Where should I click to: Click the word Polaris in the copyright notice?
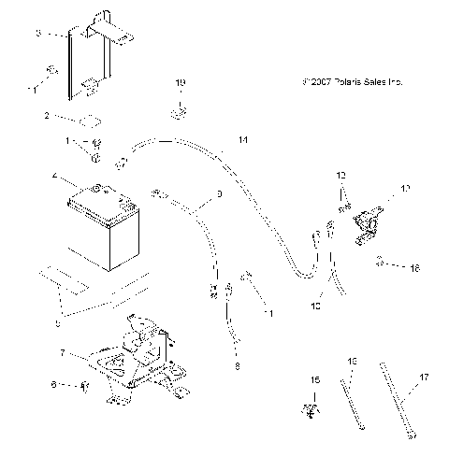pos(346,82)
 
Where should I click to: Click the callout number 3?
pos(38,33)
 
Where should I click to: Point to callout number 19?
pos(181,83)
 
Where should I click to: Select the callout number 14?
pos(243,140)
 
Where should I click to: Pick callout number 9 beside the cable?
pos(219,194)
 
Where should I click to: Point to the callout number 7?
pos(62,354)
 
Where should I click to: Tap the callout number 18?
pos(414,267)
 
